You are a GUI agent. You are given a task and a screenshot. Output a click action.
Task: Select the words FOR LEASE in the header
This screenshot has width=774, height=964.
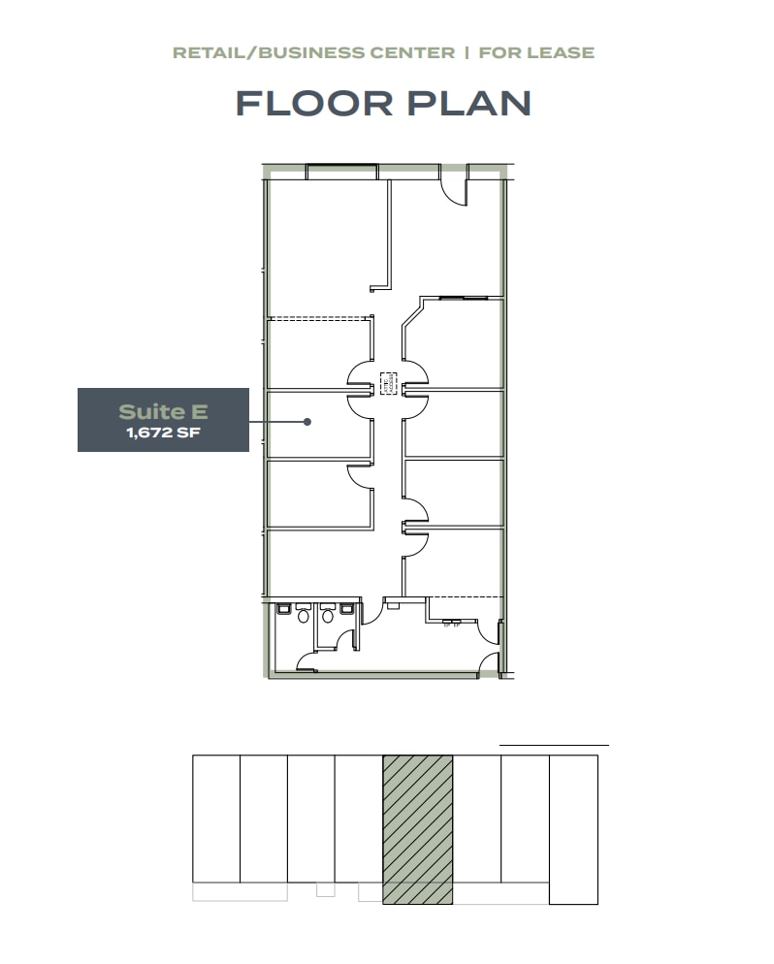coord(536,51)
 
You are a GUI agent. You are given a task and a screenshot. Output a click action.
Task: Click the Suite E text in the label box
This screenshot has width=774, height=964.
coord(163,413)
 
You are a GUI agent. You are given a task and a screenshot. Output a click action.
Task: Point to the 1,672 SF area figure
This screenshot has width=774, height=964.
coord(163,434)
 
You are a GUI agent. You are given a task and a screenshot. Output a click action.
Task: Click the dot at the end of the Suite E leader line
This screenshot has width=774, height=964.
coord(306,422)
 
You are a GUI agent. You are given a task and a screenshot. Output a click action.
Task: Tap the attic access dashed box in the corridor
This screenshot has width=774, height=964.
coord(388,381)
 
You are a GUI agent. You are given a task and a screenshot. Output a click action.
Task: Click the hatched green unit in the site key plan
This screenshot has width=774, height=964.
coord(418,829)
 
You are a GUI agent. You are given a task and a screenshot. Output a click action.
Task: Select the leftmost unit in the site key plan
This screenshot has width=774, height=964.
coord(216,819)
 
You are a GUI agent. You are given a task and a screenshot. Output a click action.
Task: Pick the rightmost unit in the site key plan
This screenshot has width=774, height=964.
coord(573,829)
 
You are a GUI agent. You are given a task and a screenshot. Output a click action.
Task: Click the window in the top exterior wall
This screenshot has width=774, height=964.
coord(341,172)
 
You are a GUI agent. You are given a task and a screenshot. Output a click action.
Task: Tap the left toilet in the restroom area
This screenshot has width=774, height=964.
coord(304,616)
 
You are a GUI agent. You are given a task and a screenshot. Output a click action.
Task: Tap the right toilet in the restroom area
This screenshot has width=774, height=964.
coord(328,616)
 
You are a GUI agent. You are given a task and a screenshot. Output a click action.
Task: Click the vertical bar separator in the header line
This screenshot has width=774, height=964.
coord(467,51)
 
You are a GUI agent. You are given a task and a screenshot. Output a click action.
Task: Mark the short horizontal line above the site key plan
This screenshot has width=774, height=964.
coord(554,745)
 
